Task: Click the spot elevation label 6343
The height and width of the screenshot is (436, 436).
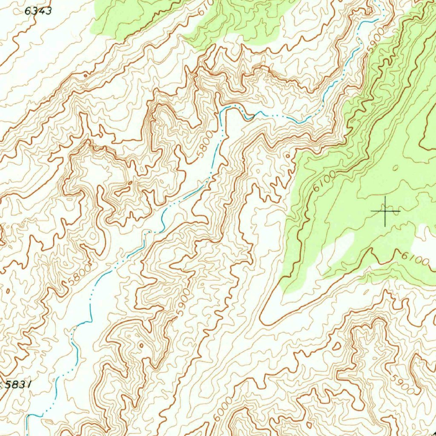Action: (x=38, y=11)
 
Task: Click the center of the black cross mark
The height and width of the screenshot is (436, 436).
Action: (x=385, y=211)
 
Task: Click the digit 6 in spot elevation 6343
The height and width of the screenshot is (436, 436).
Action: (x=28, y=11)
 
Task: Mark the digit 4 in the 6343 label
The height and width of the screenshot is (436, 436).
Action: (x=42, y=11)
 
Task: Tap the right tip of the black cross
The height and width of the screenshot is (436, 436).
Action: (x=400, y=211)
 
